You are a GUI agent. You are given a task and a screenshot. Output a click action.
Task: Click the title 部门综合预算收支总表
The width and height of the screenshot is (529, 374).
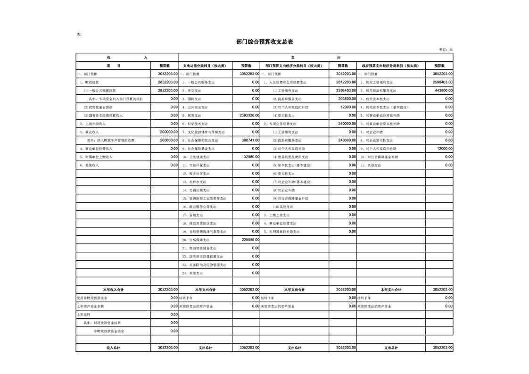click(264, 42)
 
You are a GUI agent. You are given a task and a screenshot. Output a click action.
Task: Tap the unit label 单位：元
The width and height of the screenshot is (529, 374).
click(445, 50)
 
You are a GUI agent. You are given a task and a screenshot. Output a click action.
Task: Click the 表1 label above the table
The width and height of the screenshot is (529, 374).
click(79, 34)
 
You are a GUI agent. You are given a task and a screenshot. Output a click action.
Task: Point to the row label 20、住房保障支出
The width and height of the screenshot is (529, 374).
click(196, 240)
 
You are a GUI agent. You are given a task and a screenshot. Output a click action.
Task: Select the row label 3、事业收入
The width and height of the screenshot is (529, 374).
click(89, 132)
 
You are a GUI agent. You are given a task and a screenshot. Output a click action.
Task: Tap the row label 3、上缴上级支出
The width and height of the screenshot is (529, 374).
click(278, 215)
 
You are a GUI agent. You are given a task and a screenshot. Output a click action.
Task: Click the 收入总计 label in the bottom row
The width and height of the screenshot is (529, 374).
click(113, 348)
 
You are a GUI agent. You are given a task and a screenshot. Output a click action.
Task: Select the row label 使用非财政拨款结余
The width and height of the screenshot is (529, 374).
click(92, 298)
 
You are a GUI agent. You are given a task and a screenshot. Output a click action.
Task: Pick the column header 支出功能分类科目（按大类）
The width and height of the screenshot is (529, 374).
click(205, 66)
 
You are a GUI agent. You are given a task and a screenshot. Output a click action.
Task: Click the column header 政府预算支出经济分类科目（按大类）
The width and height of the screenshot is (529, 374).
click(390, 66)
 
